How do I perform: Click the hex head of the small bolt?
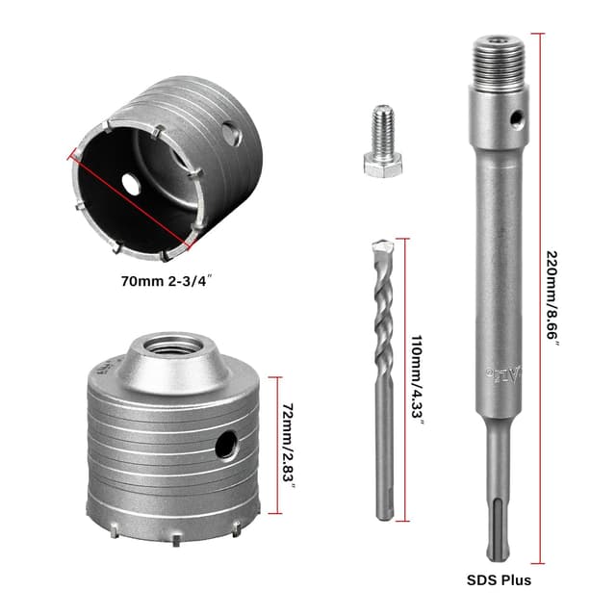[x=383, y=165]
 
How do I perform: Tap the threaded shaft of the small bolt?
[x=383, y=130]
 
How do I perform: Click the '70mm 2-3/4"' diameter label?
[x=167, y=281]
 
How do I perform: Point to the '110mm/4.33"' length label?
[x=417, y=380]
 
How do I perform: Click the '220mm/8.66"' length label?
[x=552, y=297]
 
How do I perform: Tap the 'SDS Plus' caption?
[x=499, y=579]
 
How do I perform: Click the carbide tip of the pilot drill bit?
[x=382, y=247]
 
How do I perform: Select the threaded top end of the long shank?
[x=500, y=62]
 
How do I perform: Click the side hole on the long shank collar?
[x=517, y=118]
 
